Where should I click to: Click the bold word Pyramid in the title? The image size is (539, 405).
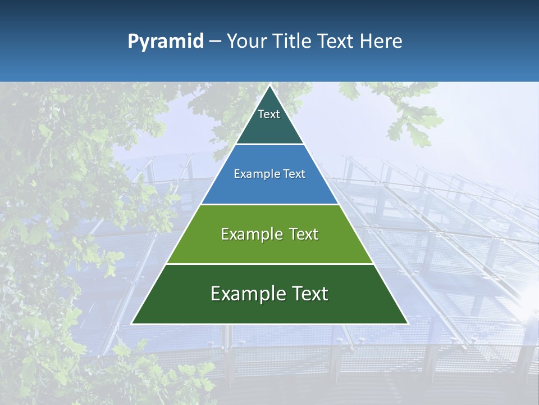click(166, 42)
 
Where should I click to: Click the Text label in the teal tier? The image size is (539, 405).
click(269, 114)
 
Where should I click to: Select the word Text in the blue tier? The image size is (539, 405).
click(294, 174)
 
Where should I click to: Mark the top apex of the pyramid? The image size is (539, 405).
click(269, 85)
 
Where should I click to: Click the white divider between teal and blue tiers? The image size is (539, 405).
click(269, 145)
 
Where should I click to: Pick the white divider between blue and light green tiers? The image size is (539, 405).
click(269, 204)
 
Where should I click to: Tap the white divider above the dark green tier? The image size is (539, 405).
click(269, 264)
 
